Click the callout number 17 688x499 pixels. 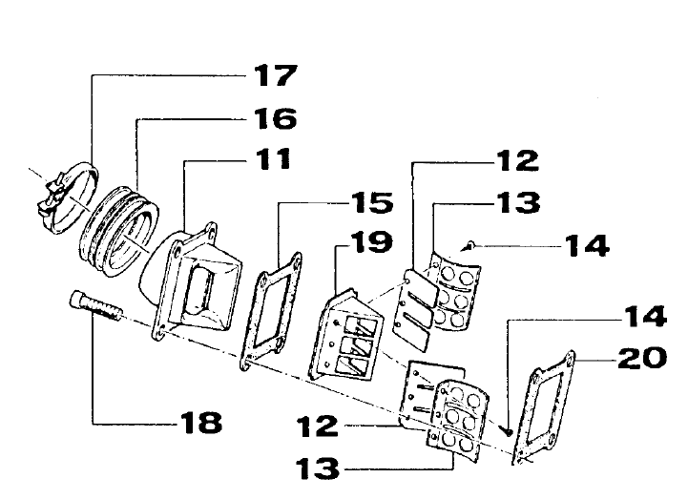pos(276,75)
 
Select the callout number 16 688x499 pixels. pos(276,118)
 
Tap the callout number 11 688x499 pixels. pos(273,158)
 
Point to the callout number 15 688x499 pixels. pos(372,202)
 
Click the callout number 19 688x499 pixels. pos(372,242)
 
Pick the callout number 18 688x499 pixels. pos(201,423)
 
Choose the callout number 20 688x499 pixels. pos(642,358)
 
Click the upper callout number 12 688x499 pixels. pos(517,160)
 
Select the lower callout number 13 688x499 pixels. pos(318,468)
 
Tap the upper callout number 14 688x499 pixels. pos(587,246)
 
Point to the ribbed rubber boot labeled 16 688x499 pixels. pos(119,232)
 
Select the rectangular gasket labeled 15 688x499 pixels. pos(271,311)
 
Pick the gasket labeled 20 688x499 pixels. pos(544,406)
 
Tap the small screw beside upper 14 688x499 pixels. pos(469,246)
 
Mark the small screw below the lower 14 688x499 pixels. pos(507,431)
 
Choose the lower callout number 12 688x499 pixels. pos(318,426)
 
